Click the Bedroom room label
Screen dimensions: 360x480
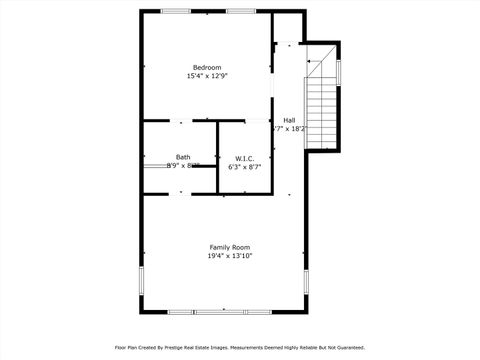point(206,67)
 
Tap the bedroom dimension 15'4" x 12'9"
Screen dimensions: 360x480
point(206,76)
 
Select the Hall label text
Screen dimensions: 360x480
point(289,120)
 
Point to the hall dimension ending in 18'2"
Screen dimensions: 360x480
point(290,129)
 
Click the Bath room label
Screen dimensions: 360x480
point(183,157)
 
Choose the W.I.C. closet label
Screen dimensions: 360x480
point(244,158)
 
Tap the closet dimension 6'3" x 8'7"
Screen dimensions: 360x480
point(244,167)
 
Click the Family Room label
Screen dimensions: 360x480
point(229,247)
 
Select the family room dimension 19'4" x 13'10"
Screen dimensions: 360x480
point(229,256)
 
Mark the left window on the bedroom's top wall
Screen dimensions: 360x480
point(177,11)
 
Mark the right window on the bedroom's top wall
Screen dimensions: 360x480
point(240,11)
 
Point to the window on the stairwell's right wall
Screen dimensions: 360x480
point(339,72)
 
